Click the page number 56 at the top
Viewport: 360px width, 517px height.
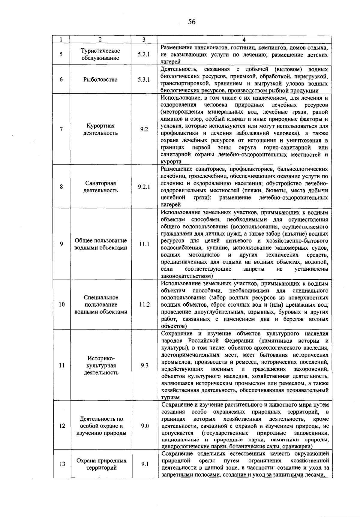tap(192, 22)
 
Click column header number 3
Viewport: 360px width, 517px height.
tap(144, 40)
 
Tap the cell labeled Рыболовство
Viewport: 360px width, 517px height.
tap(100, 80)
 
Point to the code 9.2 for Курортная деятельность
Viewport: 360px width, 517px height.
tap(144, 129)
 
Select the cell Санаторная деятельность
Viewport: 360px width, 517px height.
tap(100, 187)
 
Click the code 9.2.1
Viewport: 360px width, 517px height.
tap(144, 187)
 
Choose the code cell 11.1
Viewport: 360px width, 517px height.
tap(144, 244)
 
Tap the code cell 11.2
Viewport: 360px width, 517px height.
tap(144, 305)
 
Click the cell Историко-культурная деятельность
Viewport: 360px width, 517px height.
tap(101, 365)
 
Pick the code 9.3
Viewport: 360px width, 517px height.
tap(144, 365)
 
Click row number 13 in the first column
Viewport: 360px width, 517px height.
tap(62, 464)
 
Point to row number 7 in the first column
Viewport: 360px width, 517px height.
tap(61, 129)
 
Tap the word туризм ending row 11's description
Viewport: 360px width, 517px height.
tap(170, 398)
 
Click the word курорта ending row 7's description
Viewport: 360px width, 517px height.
tap(171, 162)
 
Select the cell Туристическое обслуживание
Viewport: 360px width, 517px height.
tap(100, 55)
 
